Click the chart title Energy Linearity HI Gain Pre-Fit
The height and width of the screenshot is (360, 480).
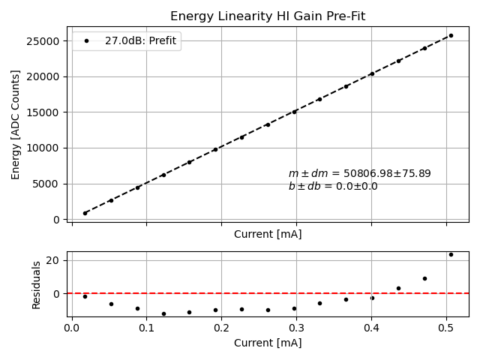click(x=268, y=16)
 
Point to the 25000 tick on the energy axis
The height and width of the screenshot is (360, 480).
click(x=46, y=40)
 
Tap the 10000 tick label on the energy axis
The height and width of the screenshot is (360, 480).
click(x=46, y=148)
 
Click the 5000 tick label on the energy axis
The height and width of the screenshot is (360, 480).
click(x=49, y=184)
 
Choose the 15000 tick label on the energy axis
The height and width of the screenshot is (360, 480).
click(x=46, y=112)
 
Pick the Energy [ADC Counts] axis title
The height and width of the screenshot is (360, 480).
click(x=16, y=124)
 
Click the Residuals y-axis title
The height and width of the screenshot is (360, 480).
click(x=36, y=285)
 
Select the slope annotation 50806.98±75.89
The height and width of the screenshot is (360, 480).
click(x=359, y=174)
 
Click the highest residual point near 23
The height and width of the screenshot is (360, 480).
click(x=451, y=254)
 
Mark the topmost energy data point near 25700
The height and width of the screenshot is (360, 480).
click(x=451, y=35)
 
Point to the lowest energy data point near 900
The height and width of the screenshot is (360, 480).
click(x=85, y=213)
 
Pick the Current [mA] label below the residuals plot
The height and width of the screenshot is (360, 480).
click(x=268, y=343)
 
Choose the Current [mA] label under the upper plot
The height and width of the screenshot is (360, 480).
click(x=268, y=234)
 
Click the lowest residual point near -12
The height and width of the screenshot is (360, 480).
click(x=163, y=313)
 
